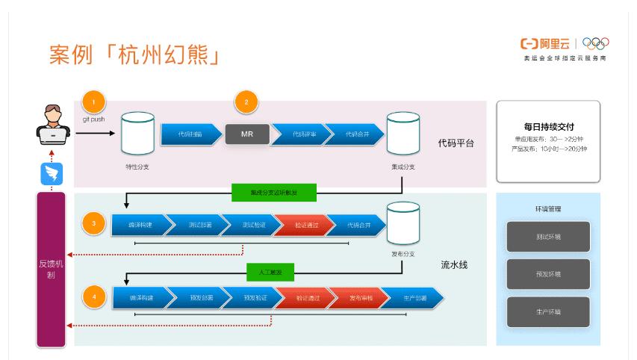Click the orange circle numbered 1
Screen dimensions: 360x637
[x=93, y=101]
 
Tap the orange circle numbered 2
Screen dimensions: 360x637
[x=246, y=101]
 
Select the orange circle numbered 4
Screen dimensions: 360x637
[x=93, y=297]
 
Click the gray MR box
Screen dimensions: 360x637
[x=247, y=134]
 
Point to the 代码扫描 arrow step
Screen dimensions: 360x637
[x=190, y=134]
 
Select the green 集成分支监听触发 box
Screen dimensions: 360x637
[x=275, y=192]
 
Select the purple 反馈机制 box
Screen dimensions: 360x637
[x=51, y=269]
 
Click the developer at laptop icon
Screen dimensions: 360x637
[x=53, y=127]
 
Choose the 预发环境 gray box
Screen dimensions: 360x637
[x=548, y=273]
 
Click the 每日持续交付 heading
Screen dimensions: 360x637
[x=547, y=127]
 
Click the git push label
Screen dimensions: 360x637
[x=93, y=119]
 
